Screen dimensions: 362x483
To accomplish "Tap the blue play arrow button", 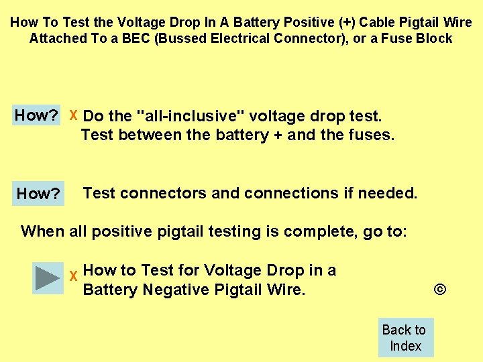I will (48, 278).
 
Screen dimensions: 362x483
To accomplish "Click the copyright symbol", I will (440, 290).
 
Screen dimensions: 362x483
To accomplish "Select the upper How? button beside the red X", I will (37, 115).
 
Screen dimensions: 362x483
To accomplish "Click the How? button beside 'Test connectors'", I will (38, 194).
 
